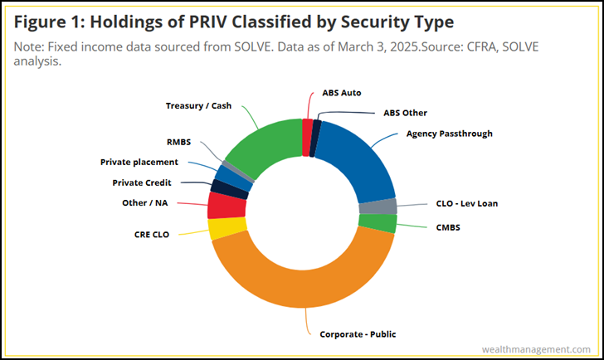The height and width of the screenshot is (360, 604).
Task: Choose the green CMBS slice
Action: point(377,223)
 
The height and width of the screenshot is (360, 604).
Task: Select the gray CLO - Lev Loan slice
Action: point(377,207)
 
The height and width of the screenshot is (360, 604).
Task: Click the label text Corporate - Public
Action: point(358,334)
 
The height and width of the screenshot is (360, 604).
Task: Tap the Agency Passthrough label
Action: point(449,134)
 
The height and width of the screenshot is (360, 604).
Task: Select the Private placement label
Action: point(139,162)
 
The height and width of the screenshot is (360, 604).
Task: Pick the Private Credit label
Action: point(144,182)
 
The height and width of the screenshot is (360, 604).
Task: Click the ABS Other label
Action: point(405,112)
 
